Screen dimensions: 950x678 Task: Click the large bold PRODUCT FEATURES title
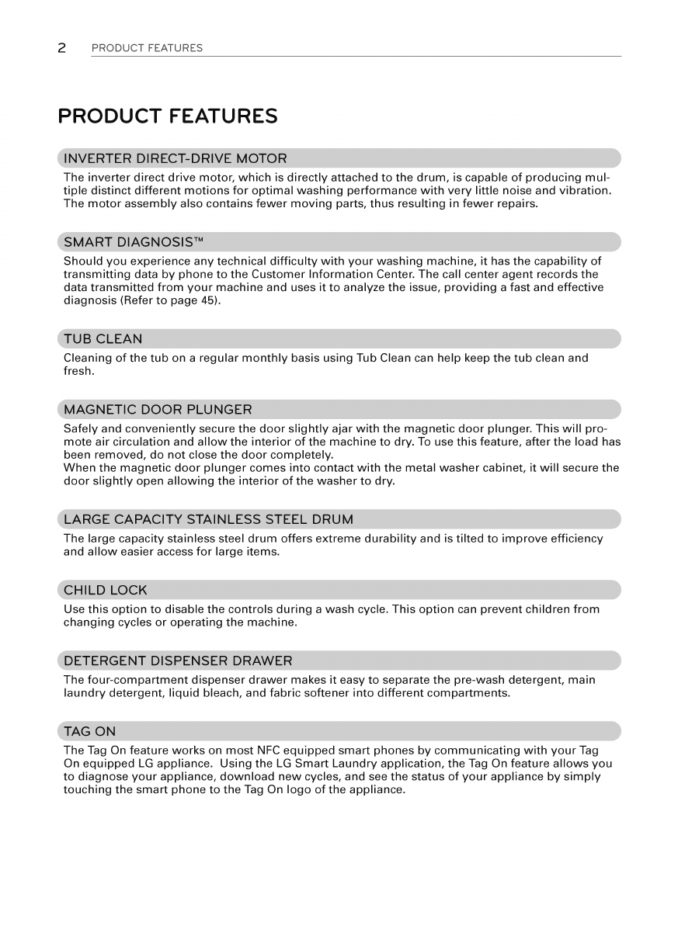tap(168, 116)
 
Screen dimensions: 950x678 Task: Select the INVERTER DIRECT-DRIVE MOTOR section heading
tap(176, 159)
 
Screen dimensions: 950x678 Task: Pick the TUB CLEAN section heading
tap(103, 338)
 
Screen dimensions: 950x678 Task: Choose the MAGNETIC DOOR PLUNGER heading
tap(158, 409)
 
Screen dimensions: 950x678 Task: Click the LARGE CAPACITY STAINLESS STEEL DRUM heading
tap(208, 519)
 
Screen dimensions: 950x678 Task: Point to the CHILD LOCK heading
tap(106, 590)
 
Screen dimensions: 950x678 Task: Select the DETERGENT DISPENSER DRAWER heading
tap(178, 661)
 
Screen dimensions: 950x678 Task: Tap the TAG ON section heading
tap(89, 732)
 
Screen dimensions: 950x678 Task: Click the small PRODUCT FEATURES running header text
tap(147, 48)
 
